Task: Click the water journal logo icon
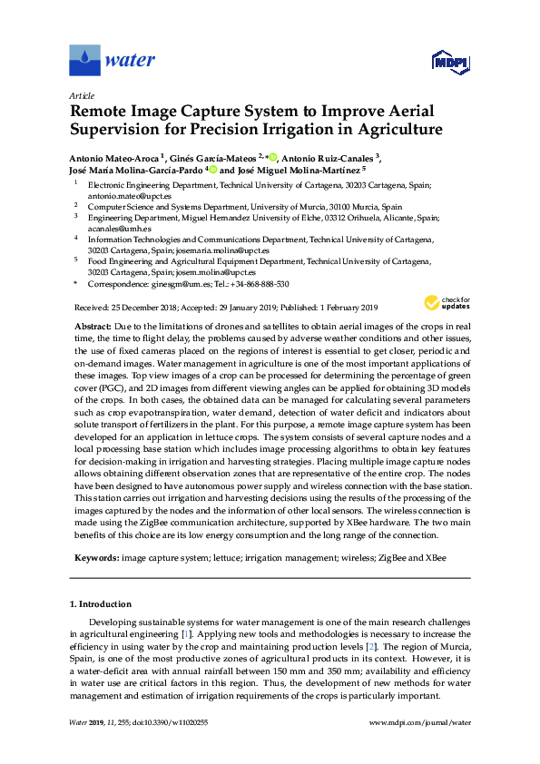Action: coord(84,61)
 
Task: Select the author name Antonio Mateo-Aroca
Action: coord(113,156)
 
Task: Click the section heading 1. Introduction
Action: coord(100,604)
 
